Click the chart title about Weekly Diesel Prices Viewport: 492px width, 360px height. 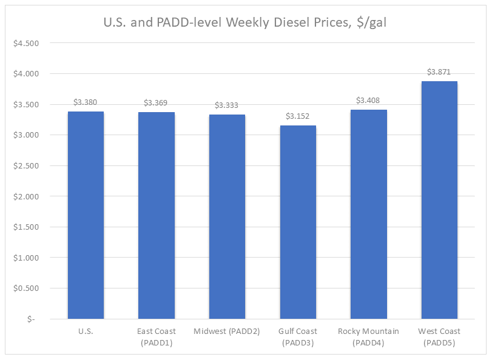pos(246,23)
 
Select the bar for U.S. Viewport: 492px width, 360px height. pos(86,215)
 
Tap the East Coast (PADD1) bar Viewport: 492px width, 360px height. pos(157,215)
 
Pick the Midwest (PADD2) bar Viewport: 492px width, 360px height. pos(227,216)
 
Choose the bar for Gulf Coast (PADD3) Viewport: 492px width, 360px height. pos(298,222)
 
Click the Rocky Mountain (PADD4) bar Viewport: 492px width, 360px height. pos(368,214)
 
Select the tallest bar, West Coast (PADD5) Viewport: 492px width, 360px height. pos(439,200)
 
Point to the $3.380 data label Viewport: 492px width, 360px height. pos(86,102)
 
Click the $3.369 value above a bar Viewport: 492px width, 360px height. pos(157,103)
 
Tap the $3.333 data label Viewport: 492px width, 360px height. pos(227,105)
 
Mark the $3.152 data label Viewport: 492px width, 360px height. pos(298,116)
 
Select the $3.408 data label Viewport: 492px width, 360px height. pos(368,101)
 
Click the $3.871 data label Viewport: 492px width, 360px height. pos(439,72)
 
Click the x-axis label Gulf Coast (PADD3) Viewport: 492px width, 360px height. pos(298,336)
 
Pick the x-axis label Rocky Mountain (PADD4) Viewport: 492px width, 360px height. pos(368,336)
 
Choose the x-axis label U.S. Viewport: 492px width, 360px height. pos(86,332)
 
